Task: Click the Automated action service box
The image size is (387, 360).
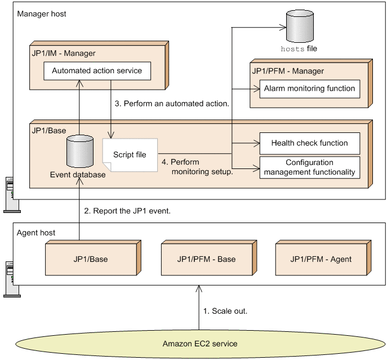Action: pyautogui.click(x=97, y=72)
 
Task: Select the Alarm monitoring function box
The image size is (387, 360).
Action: pyautogui.click(x=309, y=88)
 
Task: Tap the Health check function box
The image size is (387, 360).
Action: pyautogui.click(x=309, y=143)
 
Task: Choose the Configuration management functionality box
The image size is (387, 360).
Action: pyautogui.click(x=309, y=167)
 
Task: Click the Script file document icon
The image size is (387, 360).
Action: pyautogui.click(x=130, y=155)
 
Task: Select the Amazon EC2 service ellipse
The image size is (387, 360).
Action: pyautogui.click(x=200, y=344)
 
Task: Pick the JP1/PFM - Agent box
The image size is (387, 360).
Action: pyautogui.click(x=321, y=259)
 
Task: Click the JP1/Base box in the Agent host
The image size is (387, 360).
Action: pyautogui.click(x=91, y=259)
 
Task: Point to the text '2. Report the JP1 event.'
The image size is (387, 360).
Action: pyautogui.click(x=127, y=211)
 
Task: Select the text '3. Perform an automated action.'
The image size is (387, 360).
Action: pyautogui.click(x=172, y=104)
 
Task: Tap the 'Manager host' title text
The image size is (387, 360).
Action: pyautogui.click(x=42, y=14)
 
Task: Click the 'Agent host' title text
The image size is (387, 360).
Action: pyautogui.click(x=36, y=232)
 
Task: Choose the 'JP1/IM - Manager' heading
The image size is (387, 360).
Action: pyautogui.click(x=64, y=54)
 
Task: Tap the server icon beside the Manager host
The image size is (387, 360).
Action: pyautogui.click(x=8, y=194)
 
